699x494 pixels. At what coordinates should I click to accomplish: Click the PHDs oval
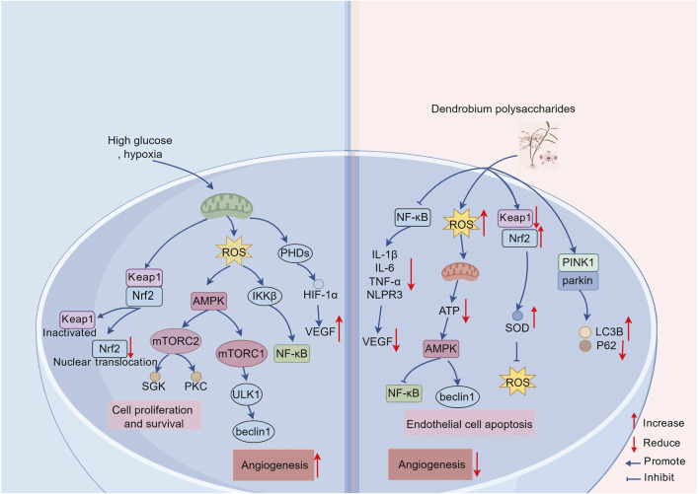point(295,253)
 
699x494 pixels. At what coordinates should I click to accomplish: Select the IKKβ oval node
point(265,296)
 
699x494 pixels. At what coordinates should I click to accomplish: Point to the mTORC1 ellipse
point(241,354)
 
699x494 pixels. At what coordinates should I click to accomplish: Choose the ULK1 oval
point(247,394)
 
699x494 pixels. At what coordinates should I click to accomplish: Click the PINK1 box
point(579,262)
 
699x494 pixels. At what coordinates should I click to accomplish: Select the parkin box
point(579,281)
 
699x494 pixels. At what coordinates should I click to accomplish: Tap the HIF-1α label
point(321,295)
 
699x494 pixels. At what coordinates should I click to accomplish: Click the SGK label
point(154,387)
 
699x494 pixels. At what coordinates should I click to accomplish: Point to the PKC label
point(195,387)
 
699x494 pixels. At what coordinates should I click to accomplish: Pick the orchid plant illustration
point(538,146)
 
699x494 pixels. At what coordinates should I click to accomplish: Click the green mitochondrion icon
point(227,206)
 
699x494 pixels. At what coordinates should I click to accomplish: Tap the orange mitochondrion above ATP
point(460,272)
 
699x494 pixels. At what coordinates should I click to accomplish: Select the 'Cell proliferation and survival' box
point(155,416)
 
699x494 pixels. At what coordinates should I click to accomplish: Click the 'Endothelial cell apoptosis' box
point(469,423)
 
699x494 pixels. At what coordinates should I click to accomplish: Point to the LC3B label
point(609,331)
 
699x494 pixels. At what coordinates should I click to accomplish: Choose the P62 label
point(606,345)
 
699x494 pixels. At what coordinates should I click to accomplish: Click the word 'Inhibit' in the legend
point(659,477)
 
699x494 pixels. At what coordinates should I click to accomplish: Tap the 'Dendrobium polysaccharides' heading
point(503,109)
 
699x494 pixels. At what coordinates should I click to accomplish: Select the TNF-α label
point(384,281)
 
